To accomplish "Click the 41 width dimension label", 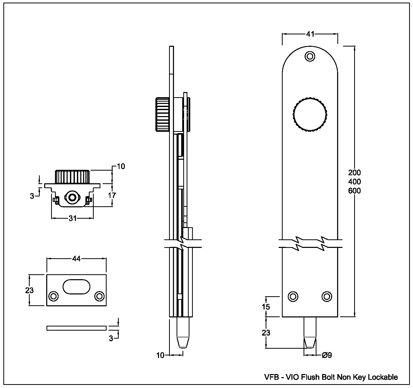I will (310, 34).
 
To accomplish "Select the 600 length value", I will (354, 191).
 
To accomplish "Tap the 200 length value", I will (354, 172).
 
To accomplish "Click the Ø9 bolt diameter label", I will (327, 355).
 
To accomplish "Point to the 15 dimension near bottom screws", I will (266, 307).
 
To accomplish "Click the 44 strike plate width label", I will (76, 258).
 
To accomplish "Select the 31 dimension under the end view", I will (73, 218).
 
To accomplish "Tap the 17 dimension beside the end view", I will (112, 195).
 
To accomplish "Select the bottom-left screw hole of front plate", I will (293, 296).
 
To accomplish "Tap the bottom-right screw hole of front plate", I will (327, 296).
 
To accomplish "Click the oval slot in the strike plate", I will (76, 286).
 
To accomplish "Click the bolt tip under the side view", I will (183, 341).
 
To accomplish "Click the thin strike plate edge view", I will (76, 328).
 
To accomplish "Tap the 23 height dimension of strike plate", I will (29, 290).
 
